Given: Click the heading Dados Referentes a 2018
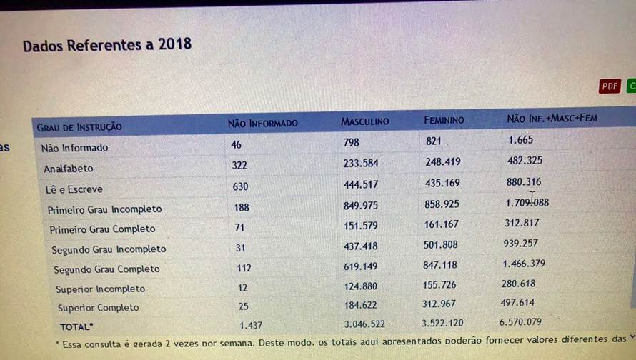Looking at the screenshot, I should pyautogui.click(x=107, y=45).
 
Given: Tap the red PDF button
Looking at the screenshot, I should pyautogui.click(x=610, y=86).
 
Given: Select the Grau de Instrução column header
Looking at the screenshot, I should pyautogui.click(x=79, y=127).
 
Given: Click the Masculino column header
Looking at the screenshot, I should pyautogui.click(x=364, y=121).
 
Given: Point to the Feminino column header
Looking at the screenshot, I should pyautogui.click(x=444, y=120).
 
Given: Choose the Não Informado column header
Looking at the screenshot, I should pyautogui.click(x=262, y=124).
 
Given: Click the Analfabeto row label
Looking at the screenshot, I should pyautogui.click(x=69, y=169).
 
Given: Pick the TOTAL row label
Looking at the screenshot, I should pyautogui.click(x=76, y=326).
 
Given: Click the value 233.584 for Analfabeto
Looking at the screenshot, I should pyautogui.click(x=361, y=164).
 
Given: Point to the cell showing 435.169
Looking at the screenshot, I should pyautogui.click(x=442, y=184).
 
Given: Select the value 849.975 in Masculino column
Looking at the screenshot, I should pyautogui.click(x=362, y=206).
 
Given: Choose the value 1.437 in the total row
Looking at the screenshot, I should pyautogui.click(x=252, y=325).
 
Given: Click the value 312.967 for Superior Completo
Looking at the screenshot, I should pyautogui.click(x=443, y=304).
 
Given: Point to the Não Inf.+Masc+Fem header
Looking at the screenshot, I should pyautogui.click(x=552, y=118).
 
